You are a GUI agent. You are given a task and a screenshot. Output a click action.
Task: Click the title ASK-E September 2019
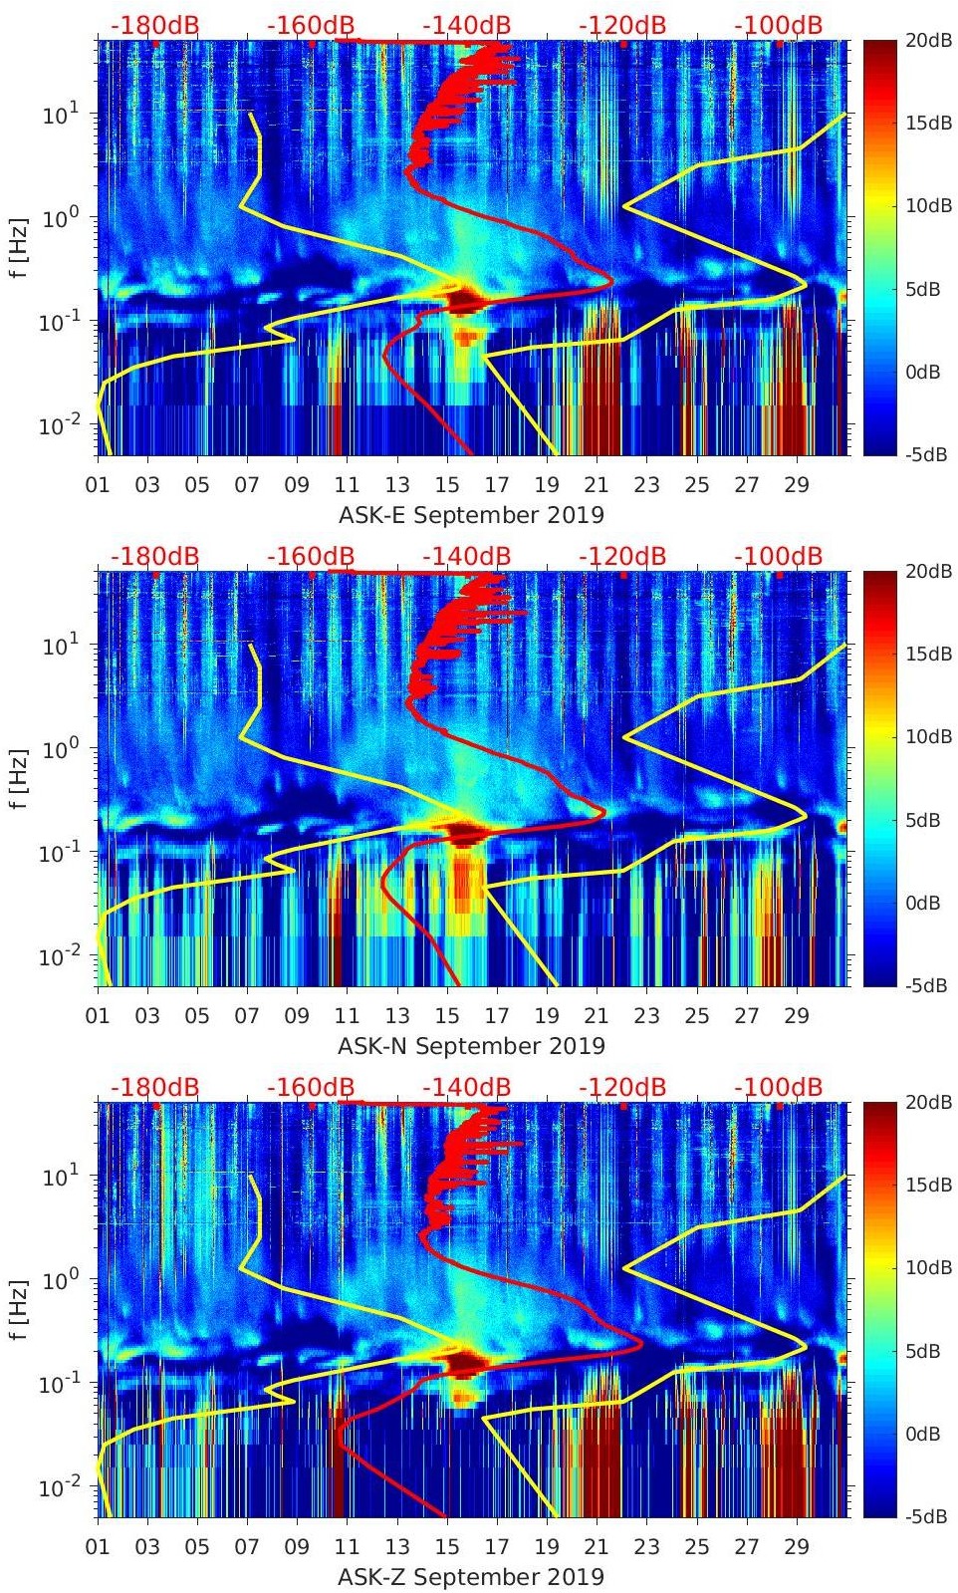(471, 515)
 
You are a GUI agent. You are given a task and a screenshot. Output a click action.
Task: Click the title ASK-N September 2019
(471, 1046)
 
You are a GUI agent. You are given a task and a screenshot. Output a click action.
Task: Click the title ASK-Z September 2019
(471, 1577)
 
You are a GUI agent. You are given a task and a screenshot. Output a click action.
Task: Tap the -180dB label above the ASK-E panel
(154, 25)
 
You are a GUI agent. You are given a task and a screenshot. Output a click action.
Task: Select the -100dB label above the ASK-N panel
(779, 556)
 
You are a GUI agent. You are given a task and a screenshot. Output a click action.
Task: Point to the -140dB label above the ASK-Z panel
(466, 1087)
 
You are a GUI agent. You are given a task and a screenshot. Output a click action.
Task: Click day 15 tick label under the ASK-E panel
(447, 485)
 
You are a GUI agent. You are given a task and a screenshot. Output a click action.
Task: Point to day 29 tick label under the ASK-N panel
(796, 1016)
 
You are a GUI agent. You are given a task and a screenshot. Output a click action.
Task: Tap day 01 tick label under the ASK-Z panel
(98, 1547)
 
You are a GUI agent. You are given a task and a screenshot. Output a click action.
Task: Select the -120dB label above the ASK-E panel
(622, 25)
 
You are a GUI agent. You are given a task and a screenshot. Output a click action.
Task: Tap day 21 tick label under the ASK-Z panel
(597, 1547)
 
